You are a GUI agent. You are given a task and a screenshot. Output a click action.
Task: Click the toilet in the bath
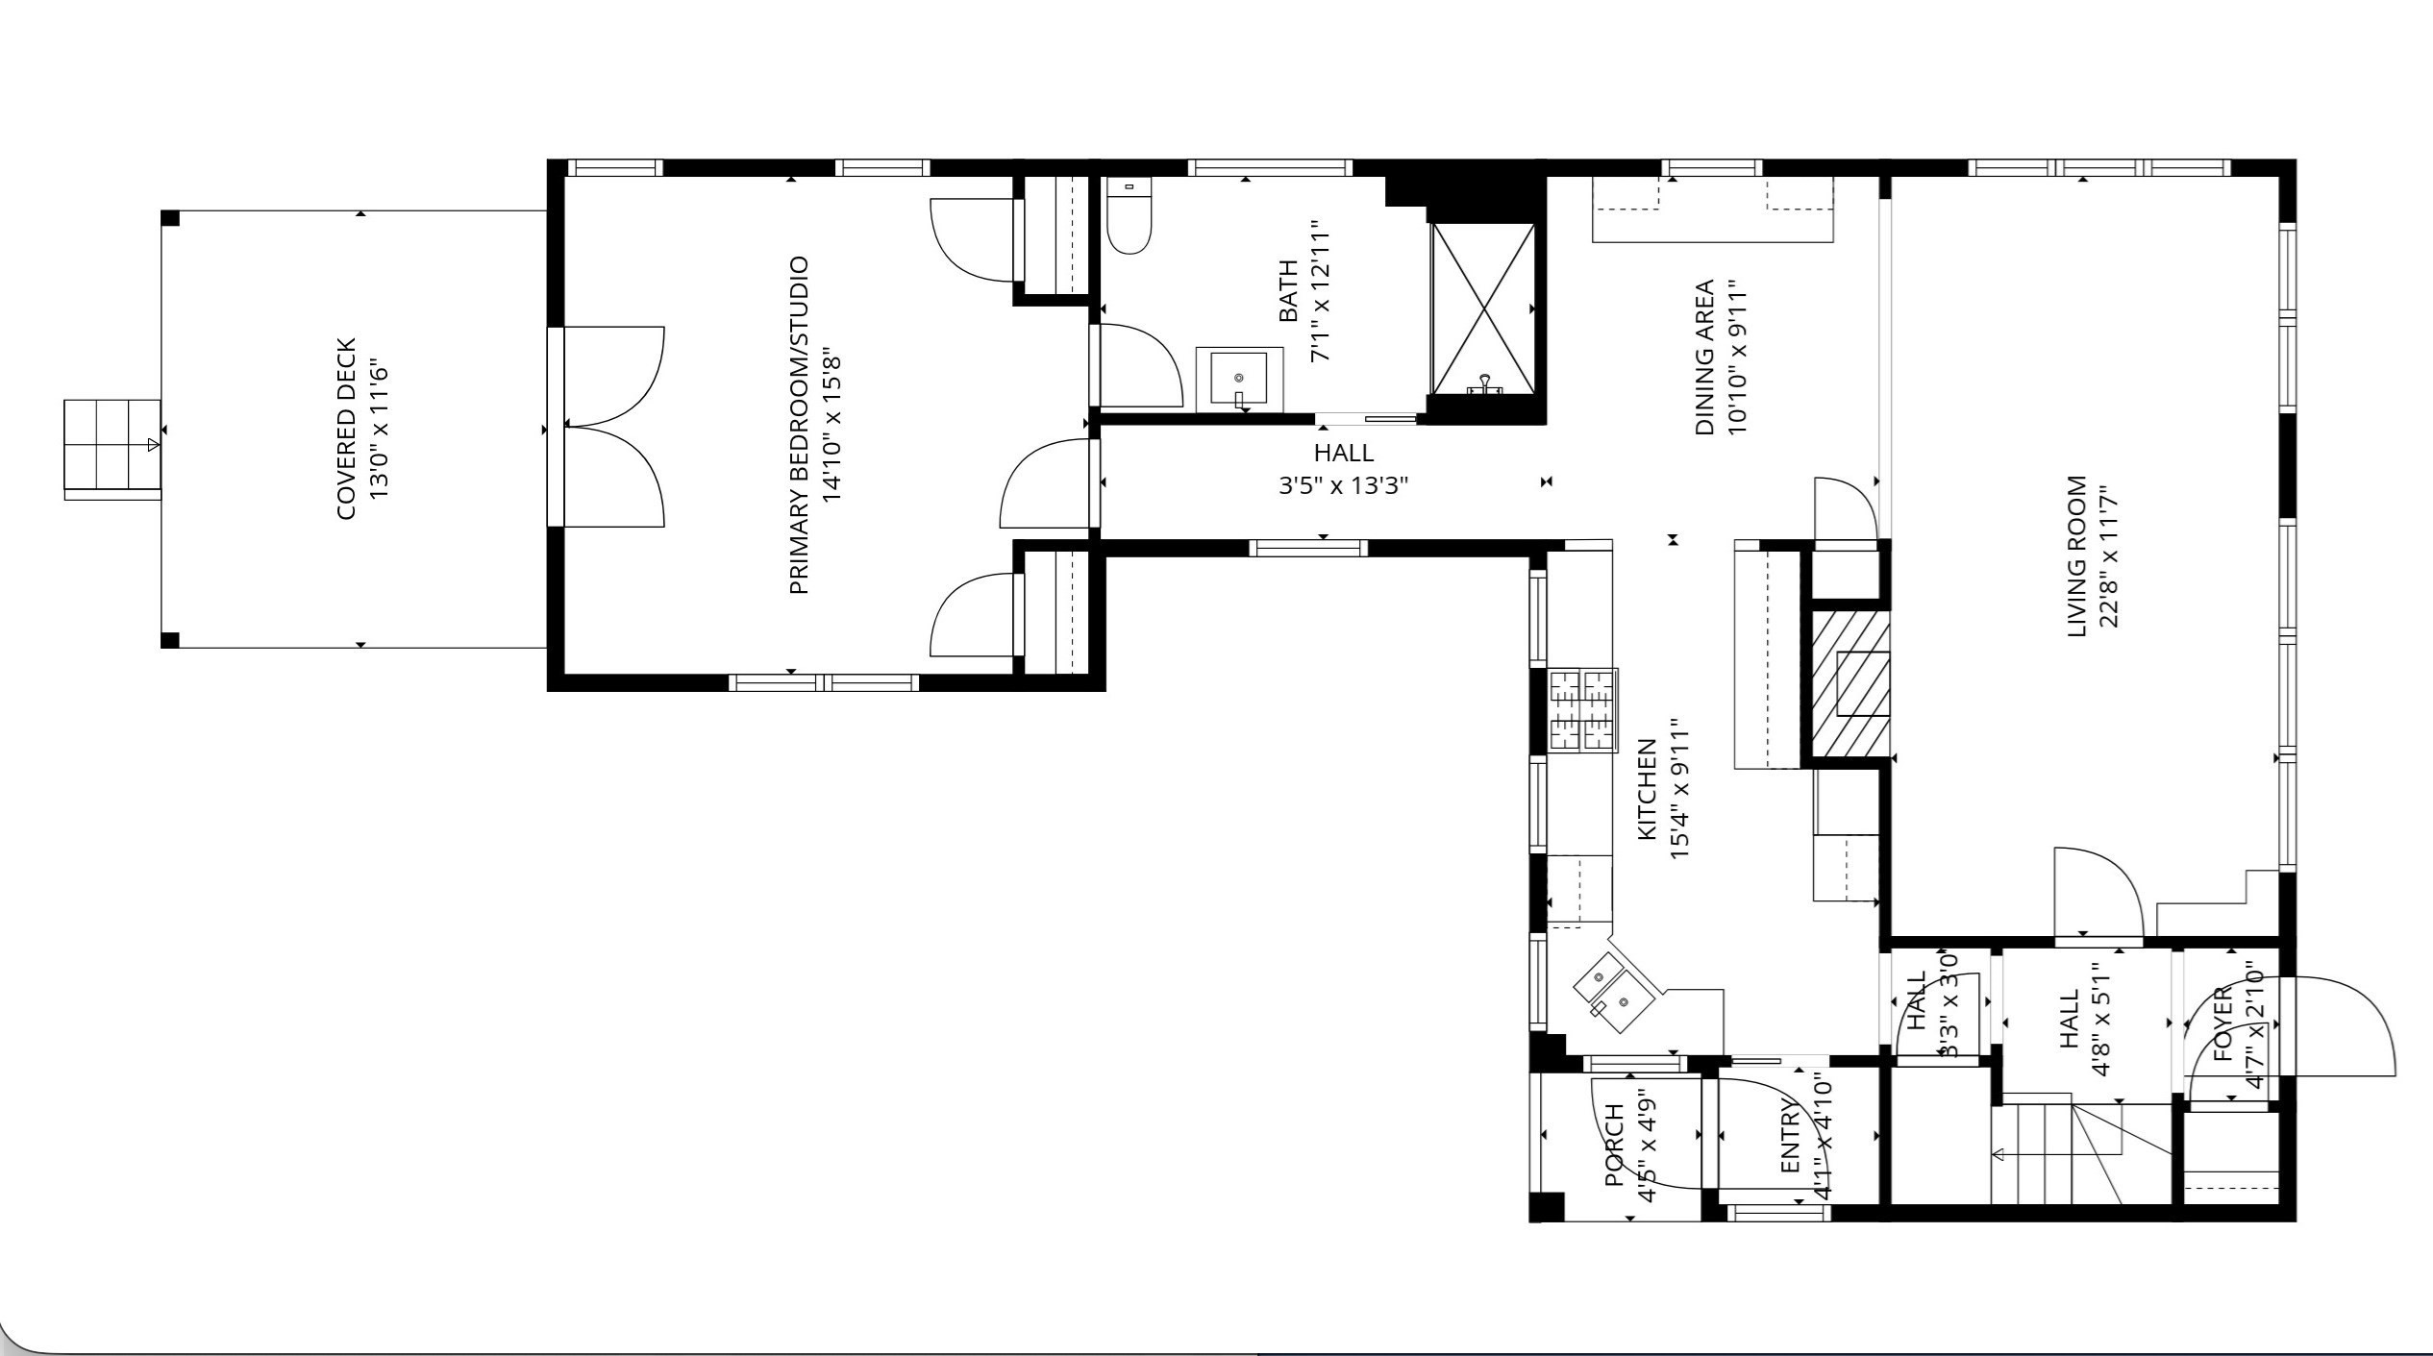pyautogui.click(x=1129, y=219)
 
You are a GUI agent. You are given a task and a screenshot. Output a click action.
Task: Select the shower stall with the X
pyautogui.click(x=1483, y=308)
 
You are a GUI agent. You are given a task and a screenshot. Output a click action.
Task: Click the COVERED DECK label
pyautogui.click(x=346, y=429)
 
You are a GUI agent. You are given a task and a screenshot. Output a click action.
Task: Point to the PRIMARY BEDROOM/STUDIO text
pyautogui.click(x=798, y=425)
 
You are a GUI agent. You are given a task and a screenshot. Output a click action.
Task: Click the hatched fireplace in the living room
pyautogui.click(x=1850, y=684)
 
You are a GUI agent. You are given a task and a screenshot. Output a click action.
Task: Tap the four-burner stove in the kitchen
pyautogui.click(x=1581, y=709)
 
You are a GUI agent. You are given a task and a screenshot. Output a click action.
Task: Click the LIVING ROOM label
pyautogui.click(x=2076, y=555)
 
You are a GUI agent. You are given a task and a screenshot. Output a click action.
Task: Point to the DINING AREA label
pyautogui.click(x=1704, y=357)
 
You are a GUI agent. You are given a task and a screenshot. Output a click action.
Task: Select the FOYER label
pyautogui.click(x=2222, y=1023)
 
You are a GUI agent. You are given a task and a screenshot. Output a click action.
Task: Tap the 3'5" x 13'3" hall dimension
pyautogui.click(x=1342, y=485)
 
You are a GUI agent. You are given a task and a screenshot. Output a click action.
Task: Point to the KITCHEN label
pyautogui.click(x=1646, y=788)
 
